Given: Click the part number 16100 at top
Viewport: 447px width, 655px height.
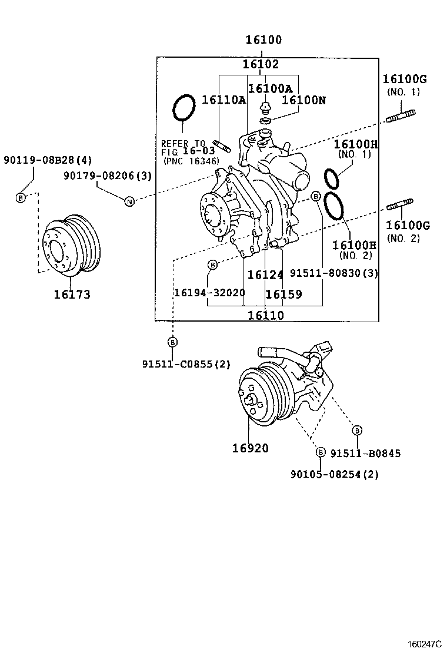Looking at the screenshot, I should coord(263,41).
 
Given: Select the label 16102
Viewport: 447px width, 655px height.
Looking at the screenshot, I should coord(262,64).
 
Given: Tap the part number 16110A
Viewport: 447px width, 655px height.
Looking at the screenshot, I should coord(223,100).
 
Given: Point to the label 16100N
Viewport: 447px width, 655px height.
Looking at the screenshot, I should coord(303,100).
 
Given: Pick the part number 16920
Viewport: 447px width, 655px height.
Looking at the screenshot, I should coord(249,448).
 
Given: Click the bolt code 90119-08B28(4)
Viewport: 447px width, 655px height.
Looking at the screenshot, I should coord(48,160).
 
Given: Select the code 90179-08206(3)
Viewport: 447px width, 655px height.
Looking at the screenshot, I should coord(108,175).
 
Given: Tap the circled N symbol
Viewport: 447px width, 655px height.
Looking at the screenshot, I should coord(129,201).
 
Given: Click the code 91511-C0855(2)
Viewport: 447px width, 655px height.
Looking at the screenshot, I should coord(186,364).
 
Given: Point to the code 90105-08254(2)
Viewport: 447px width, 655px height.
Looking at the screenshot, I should coord(334,474).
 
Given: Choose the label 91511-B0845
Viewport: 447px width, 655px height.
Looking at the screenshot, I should coord(365,453).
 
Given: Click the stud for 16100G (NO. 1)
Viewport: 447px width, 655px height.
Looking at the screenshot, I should coord(402,117).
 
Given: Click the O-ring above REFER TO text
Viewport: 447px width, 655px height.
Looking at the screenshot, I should coord(184,108).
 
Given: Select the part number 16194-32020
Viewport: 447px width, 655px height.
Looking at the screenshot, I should coord(209,293).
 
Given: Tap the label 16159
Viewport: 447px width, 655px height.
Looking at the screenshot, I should coord(283,294).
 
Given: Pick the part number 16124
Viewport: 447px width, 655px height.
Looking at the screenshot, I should coord(265,274).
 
